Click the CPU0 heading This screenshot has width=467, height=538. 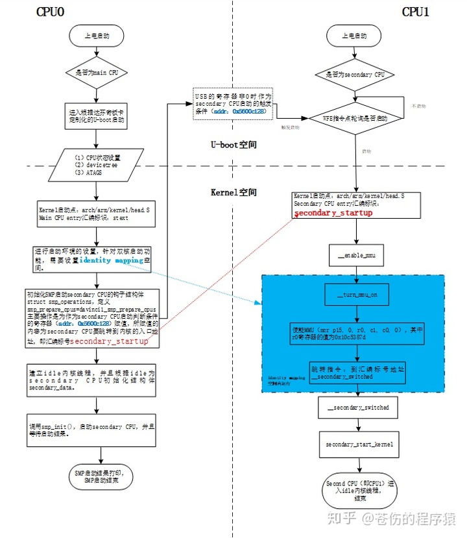point(54,12)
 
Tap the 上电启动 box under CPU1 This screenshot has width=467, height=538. point(355,36)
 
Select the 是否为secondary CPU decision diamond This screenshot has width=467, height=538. point(355,75)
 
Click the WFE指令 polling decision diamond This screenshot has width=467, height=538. point(355,119)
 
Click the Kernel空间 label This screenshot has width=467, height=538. point(233,193)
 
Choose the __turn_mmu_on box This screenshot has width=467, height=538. point(356,296)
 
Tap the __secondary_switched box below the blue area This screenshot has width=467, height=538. point(356,408)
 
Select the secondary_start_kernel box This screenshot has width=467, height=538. point(356,445)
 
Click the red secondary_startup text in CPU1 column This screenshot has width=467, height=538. point(333,213)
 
